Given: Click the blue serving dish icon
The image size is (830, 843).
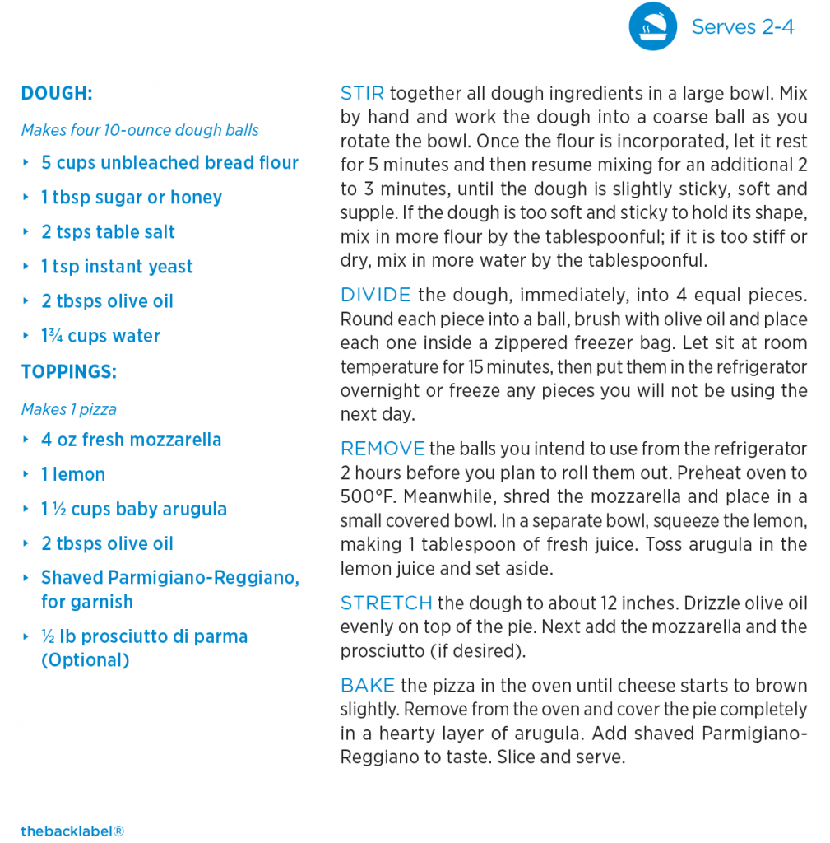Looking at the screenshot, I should click(x=652, y=26).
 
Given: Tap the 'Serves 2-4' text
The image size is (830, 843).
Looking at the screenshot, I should click(x=742, y=26).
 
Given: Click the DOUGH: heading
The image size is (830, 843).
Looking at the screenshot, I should click(x=57, y=93).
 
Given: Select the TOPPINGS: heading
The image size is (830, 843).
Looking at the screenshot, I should click(x=69, y=371).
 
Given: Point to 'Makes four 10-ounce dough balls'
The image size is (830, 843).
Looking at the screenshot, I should click(x=140, y=130).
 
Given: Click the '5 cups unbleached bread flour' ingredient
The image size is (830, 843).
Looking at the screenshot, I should click(x=169, y=163).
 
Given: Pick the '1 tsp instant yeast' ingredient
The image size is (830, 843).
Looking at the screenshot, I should click(x=117, y=267).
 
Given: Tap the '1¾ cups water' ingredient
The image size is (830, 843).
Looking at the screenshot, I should click(x=100, y=336).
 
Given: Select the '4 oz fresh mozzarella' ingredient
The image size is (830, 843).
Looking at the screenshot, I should click(x=131, y=440).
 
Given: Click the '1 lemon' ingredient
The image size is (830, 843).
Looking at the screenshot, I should click(x=73, y=474).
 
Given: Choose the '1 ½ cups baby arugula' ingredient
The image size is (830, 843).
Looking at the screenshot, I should click(x=133, y=509).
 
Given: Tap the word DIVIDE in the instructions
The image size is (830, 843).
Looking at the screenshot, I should click(x=375, y=295).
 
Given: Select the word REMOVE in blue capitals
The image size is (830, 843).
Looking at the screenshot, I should click(x=383, y=449).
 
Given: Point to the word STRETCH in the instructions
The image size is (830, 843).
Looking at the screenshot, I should click(x=386, y=603).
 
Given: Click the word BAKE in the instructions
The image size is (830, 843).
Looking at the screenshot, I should click(x=368, y=686).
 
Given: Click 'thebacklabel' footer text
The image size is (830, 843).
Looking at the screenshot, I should click(x=72, y=831).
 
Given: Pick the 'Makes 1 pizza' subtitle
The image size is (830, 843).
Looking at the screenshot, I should click(x=69, y=409).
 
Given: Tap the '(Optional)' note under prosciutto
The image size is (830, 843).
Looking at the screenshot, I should click(x=86, y=660).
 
